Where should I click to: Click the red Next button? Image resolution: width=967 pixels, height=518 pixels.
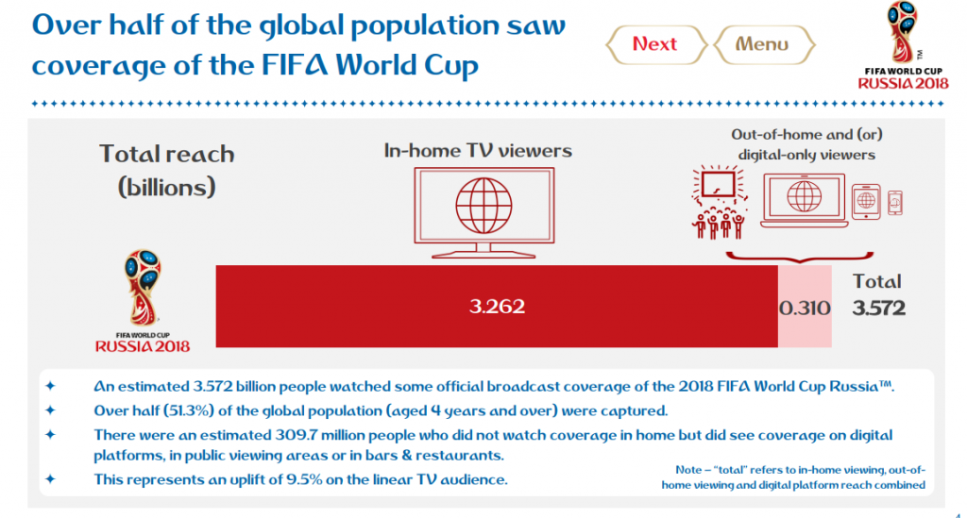pos(656,44)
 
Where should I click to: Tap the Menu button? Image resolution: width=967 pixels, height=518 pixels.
pos(764,44)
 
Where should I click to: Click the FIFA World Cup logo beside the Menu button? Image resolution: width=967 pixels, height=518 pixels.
pos(903,45)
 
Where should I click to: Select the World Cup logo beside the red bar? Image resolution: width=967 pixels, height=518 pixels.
pos(143,301)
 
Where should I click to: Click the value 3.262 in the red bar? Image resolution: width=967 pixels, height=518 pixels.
pos(497,306)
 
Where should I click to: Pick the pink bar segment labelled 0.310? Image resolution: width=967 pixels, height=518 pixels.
pos(805,307)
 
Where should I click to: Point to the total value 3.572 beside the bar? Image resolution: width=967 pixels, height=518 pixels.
pos(879,308)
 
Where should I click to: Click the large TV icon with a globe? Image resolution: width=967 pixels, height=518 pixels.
pos(484,212)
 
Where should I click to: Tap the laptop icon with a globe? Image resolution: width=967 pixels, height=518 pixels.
pos(805,200)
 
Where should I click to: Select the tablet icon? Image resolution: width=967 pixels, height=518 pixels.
pos(866,201)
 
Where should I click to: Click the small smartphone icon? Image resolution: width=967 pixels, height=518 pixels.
pos(895,203)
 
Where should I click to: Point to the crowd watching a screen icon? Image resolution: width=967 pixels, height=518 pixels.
pos(719,201)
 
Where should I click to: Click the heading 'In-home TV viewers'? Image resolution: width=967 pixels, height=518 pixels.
pos(478,151)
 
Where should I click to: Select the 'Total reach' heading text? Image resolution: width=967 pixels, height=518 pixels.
pos(167,154)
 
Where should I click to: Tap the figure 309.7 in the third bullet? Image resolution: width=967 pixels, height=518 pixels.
pos(296,436)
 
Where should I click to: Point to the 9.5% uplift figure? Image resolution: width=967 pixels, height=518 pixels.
pos(305,480)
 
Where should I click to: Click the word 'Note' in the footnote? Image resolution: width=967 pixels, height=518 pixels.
pos(688,470)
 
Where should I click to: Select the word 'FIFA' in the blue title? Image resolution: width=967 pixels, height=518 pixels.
pos(296,65)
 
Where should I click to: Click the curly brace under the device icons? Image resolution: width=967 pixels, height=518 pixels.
pos(800,257)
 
